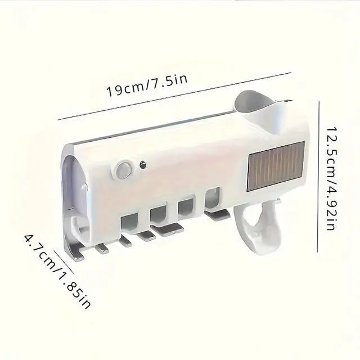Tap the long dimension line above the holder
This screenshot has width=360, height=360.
pyautogui.click(x=174, y=96)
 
